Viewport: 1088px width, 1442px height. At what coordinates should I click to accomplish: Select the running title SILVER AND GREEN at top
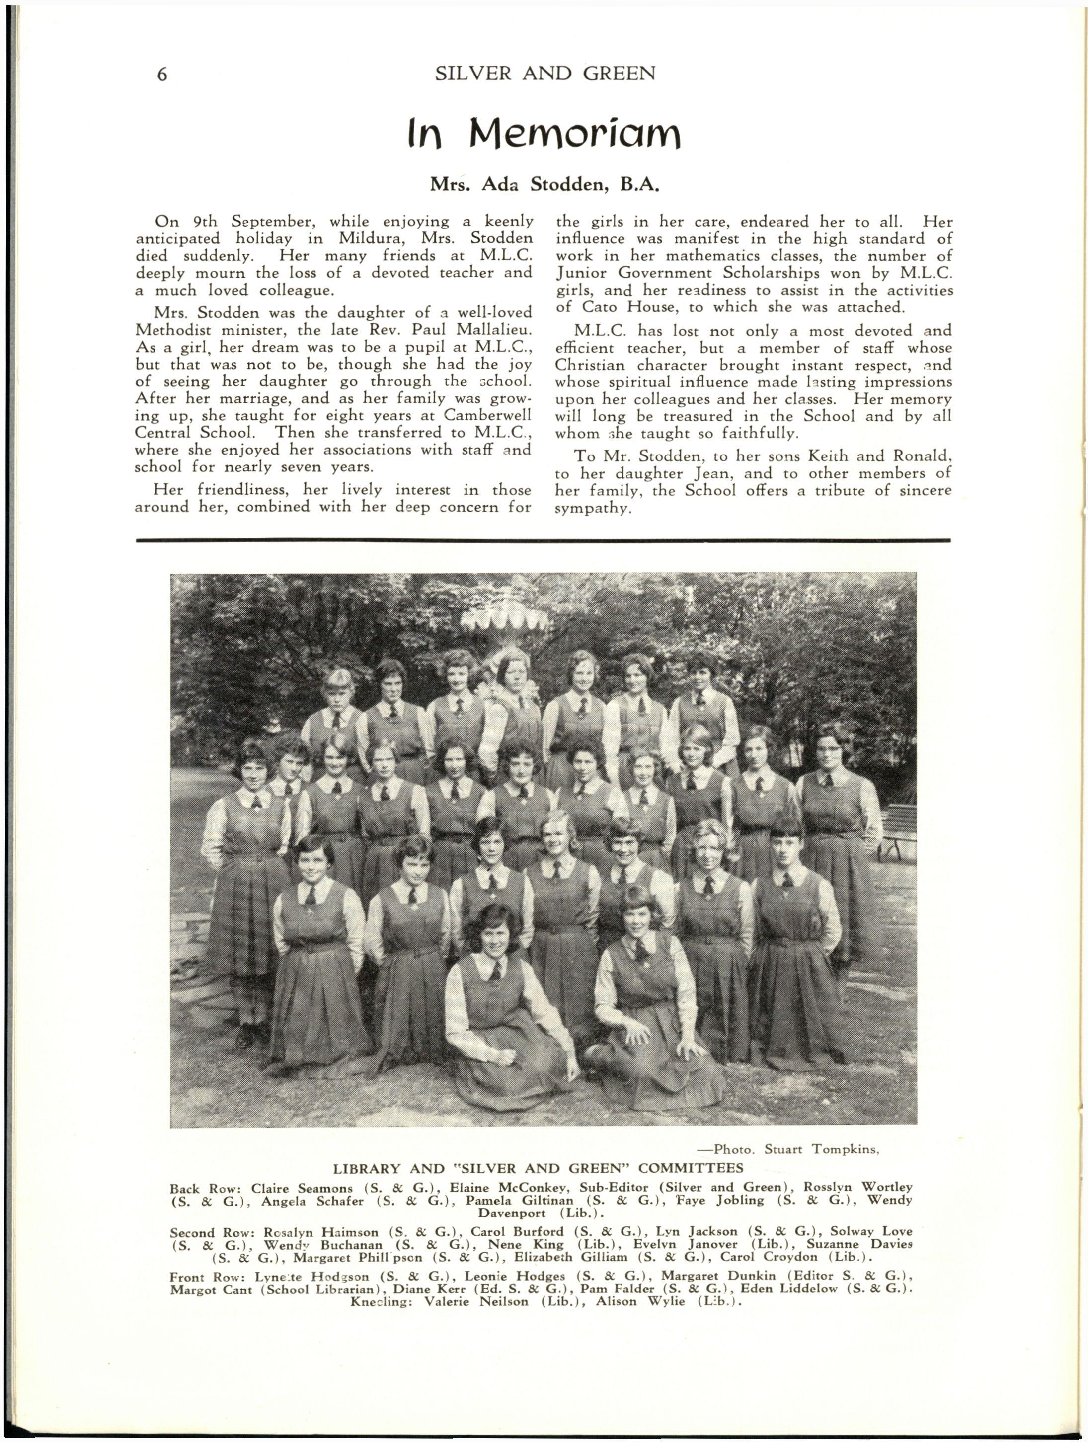pyautogui.click(x=545, y=73)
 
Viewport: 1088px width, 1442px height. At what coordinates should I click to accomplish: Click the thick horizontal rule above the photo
pyautogui.click(x=543, y=540)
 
